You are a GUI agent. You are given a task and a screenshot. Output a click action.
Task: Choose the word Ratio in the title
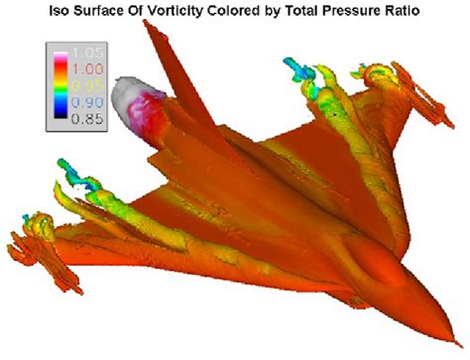[424, 13]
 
